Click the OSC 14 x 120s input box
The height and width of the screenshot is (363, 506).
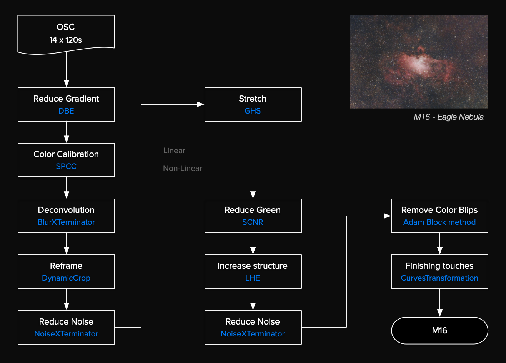click(66, 33)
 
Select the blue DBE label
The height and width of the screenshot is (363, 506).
click(66, 111)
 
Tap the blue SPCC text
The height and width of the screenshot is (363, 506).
click(66, 166)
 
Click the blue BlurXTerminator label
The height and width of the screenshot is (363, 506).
click(66, 222)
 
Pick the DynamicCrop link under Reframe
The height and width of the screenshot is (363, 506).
click(66, 278)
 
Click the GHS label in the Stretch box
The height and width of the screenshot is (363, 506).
click(253, 111)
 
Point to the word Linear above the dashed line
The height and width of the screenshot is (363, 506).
click(174, 151)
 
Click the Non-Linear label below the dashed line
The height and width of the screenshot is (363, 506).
click(183, 168)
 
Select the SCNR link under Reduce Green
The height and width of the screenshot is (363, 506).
click(253, 222)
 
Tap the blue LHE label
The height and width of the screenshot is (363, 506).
click(253, 278)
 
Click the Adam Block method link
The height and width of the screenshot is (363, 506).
click(439, 222)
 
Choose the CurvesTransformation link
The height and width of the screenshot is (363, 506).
click(439, 278)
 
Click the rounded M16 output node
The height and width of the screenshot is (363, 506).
click(439, 330)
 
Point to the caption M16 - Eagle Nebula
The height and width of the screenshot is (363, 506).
click(448, 117)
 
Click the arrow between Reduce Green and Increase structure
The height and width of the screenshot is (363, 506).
click(253, 244)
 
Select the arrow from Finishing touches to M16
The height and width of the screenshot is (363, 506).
click(439, 303)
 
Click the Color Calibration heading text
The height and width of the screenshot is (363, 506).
click(66, 154)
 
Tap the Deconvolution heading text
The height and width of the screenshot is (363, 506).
click(66, 210)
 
